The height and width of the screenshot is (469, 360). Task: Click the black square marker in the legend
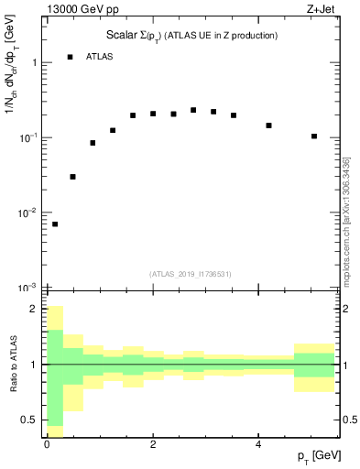(71, 57)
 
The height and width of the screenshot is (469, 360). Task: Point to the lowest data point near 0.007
(55, 224)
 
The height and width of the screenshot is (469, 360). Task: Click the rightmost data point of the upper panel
(314, 136)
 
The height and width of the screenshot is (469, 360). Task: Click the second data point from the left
(72, 177)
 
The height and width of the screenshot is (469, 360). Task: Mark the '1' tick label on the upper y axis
(34, 63)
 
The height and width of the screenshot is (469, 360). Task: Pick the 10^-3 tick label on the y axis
(30, 288)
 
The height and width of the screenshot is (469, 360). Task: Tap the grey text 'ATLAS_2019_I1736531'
(191, 274)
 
